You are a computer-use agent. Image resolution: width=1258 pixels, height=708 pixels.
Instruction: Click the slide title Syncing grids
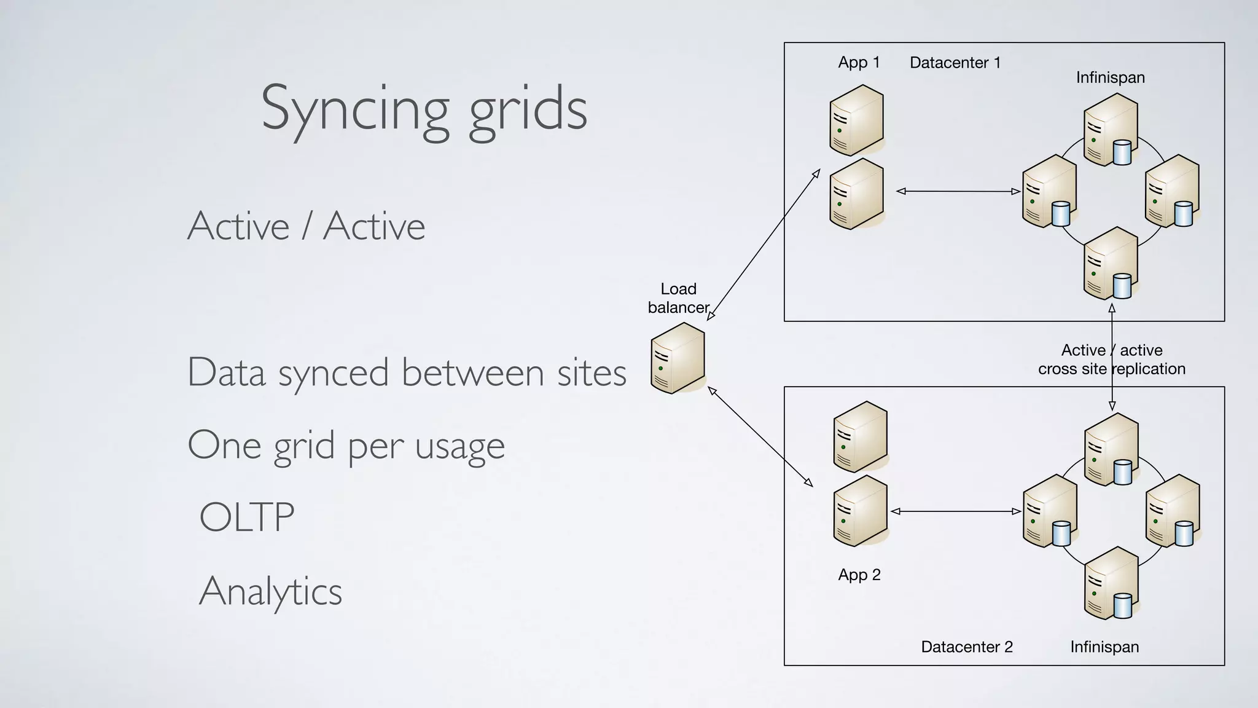[424, 109]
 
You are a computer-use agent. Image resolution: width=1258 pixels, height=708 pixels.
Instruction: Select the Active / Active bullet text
[306, 226]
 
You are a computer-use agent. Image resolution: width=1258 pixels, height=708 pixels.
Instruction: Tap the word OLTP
[247, 517]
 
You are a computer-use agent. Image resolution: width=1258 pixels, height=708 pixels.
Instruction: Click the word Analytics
[270, 591]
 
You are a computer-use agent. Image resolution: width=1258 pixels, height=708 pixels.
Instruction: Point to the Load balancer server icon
[678, 358]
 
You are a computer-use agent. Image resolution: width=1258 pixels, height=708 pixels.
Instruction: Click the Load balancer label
[678, 298]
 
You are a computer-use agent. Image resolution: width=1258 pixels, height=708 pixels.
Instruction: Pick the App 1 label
[859, 62]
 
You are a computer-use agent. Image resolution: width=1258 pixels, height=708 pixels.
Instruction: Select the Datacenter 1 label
[955, 62]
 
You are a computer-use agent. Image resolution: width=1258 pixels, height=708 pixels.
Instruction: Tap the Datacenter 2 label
[966, 647]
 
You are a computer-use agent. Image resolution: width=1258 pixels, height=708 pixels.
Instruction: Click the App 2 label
[859, 575]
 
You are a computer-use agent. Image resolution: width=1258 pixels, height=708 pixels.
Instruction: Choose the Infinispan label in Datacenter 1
[1110, 77]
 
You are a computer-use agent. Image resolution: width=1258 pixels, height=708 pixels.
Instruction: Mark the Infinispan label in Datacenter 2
[1104, 647]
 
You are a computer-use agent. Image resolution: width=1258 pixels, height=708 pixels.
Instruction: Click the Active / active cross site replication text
[1111, 360]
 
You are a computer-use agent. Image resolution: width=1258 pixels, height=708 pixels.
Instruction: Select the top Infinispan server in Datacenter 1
[1111, 129]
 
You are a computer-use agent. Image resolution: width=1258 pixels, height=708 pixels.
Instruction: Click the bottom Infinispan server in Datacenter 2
[1112, 583]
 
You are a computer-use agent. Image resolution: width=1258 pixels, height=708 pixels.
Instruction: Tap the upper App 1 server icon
[856, 120]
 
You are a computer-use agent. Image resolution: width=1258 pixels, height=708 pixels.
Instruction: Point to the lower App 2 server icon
[860, 511]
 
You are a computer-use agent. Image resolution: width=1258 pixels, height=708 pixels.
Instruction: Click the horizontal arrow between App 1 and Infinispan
[958, 192]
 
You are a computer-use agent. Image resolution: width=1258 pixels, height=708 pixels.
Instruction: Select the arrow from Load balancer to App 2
[760, 437]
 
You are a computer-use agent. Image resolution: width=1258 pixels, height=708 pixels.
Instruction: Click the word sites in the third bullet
[591, 372]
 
